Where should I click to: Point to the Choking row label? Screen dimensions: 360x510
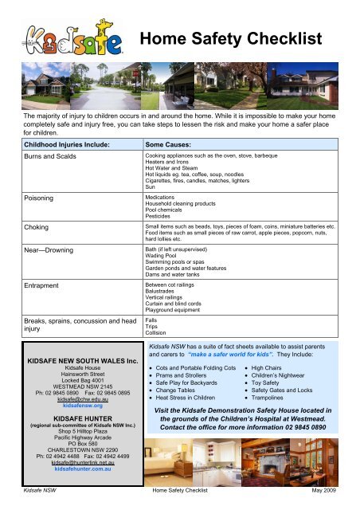tap(37, 227)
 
